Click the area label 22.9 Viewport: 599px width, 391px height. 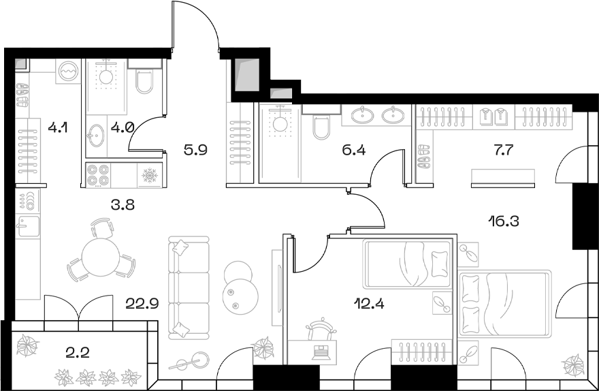tap(143, 304)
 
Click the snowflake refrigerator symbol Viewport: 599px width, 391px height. tap(149, 176)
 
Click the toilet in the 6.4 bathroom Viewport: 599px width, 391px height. tap(321, 125)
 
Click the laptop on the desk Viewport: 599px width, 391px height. tap(319, 351)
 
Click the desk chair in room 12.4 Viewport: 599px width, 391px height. tap(320, 330)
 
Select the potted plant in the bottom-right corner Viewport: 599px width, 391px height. tap(573, 364)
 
